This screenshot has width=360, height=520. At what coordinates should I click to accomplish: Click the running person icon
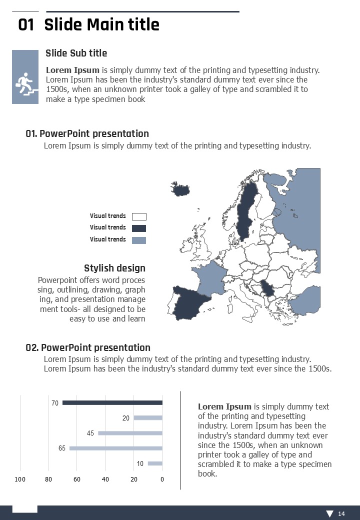click(25, 84)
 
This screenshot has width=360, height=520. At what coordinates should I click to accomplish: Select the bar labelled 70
click(112, 403)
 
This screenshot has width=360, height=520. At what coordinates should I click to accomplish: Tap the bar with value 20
click(148, 418)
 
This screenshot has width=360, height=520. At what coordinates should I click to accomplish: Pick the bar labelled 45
click(130, 433)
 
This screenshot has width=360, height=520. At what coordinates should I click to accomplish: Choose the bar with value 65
click(116, 448)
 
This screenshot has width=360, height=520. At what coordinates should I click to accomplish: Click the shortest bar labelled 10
click(155, 463)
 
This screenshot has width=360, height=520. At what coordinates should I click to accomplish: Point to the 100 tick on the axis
click(20, 480)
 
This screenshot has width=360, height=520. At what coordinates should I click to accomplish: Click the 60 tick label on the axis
click(77, 480)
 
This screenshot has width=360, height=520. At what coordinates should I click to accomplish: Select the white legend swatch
click(139, 216)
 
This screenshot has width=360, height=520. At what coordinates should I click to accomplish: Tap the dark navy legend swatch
click(139, 228)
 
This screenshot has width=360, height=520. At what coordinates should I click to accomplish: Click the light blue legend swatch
click(139, 240)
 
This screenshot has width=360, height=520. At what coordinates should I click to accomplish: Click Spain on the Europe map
click(189, 305)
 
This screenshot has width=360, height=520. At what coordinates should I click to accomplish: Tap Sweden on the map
click(246, 210)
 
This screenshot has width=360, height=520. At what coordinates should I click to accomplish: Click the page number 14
click(341, 514)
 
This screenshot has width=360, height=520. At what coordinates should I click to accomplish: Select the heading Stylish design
click(114, 268)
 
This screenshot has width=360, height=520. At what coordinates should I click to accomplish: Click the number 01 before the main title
click(26, 25)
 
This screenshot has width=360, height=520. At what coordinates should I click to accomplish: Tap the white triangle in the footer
click(329, 514)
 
